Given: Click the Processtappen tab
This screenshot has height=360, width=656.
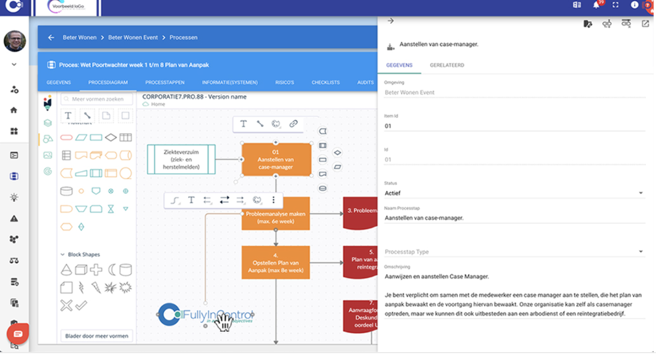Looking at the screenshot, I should point(165,82).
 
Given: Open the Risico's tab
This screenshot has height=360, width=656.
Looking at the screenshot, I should point(285,82).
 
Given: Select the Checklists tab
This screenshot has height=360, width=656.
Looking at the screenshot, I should point(325,82).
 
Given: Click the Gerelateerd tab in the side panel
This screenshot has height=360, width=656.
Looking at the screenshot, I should point(447,65).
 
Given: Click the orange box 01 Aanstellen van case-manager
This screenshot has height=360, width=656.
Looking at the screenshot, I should point(276,160).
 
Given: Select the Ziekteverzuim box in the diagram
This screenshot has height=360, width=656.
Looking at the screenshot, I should point(181,159).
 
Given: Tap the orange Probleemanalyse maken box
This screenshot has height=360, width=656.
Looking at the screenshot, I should point(276,217).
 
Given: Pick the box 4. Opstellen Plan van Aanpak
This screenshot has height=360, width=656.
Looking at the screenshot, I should point(276,262).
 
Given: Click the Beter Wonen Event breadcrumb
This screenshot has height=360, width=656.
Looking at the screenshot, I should point(133,37).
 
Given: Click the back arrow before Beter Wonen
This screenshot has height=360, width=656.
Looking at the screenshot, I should point(51,37).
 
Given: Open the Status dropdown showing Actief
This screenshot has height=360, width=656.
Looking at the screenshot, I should point(514,193).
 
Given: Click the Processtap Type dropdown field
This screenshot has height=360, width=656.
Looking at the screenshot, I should point(514,252).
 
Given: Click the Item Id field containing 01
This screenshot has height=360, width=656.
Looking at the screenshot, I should point(514,126).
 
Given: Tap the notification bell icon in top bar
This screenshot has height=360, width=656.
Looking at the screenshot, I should point(596,5).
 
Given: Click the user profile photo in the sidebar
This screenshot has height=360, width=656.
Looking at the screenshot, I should point(15,41).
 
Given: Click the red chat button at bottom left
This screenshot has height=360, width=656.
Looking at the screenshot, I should point(18,334).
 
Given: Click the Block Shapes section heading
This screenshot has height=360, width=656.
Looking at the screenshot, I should point(84,255).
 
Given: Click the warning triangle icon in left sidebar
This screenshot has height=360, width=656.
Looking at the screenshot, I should point(14,218).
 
